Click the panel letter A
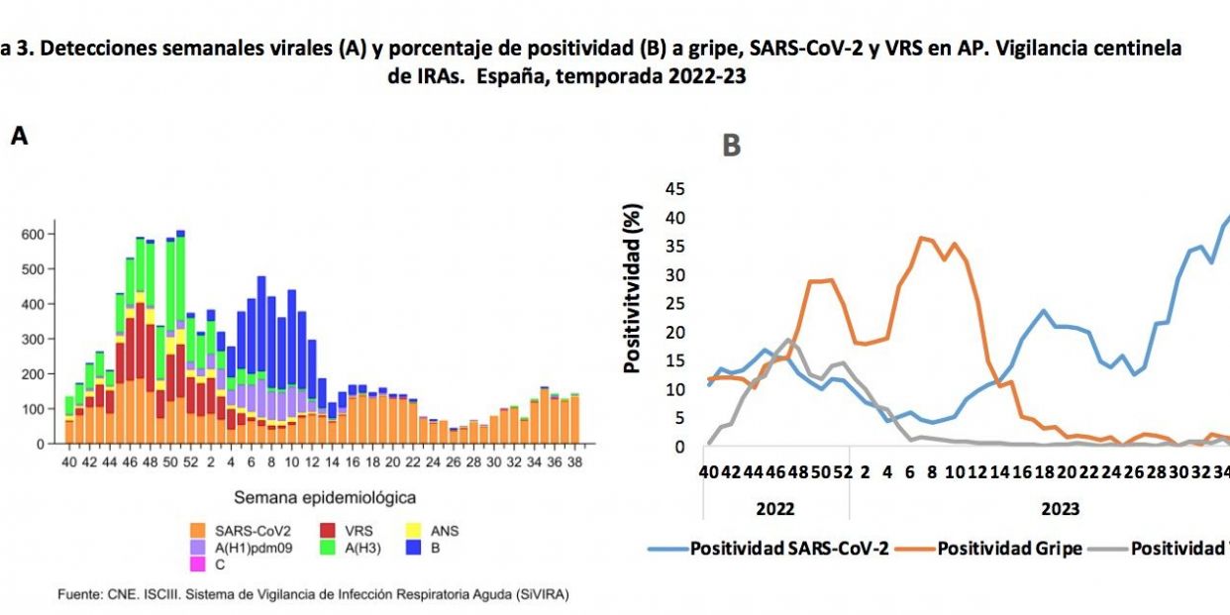pos(19,138)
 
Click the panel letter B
pos(731,147)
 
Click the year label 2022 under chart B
pos(774,509)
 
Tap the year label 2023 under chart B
pos(1060,509)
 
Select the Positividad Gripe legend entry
pos(1009,548)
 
